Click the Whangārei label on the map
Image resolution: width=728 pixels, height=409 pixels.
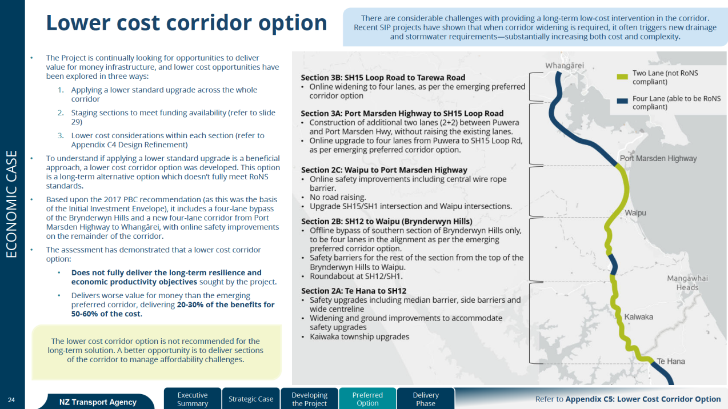(564, 66)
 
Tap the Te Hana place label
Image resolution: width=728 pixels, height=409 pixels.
(671, 361)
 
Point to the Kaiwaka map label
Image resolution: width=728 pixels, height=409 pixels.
(638, 316)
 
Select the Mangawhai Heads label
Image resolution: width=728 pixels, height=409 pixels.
(687, 283)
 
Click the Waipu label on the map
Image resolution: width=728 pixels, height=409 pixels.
(635, 212)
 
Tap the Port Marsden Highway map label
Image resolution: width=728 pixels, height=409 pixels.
(658, 158)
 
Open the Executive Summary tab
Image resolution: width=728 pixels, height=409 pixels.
(193, 399)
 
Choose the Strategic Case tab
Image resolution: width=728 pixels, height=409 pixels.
(251, 399)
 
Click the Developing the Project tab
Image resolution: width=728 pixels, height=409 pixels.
(309, 399)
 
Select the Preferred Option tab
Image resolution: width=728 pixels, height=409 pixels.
(367, 399)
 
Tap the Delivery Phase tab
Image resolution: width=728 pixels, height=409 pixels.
(426, 399)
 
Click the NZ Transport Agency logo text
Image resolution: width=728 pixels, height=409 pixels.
(98, 402)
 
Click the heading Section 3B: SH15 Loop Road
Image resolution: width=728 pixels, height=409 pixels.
(383, 77)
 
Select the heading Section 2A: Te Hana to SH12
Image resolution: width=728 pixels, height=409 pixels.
(354, 291)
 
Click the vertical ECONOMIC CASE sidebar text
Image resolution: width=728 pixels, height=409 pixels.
(11, 204)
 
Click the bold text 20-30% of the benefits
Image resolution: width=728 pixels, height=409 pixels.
(226, 304)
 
